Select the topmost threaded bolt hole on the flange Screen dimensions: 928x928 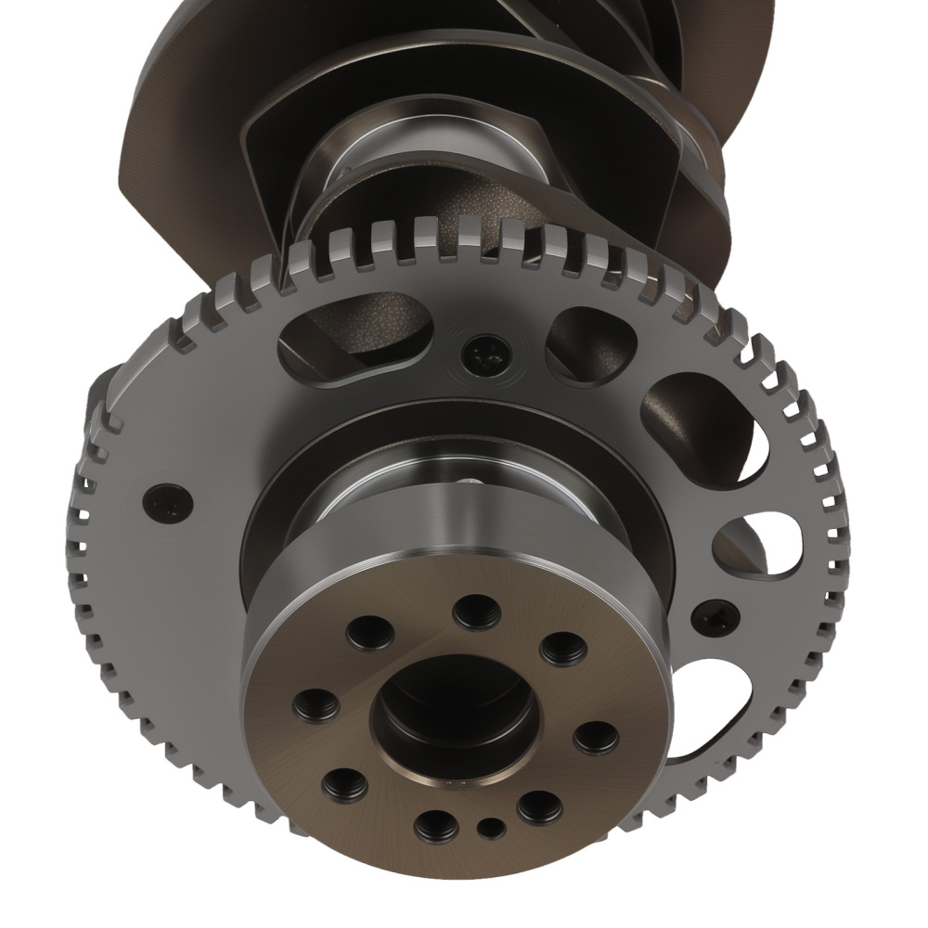click(x=475, y=611)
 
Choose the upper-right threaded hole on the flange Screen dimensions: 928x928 click(x=562, y=648)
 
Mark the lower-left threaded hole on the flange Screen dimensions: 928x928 click(x=344, y=786)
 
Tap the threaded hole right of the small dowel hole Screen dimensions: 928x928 click(x=540, y=806)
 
